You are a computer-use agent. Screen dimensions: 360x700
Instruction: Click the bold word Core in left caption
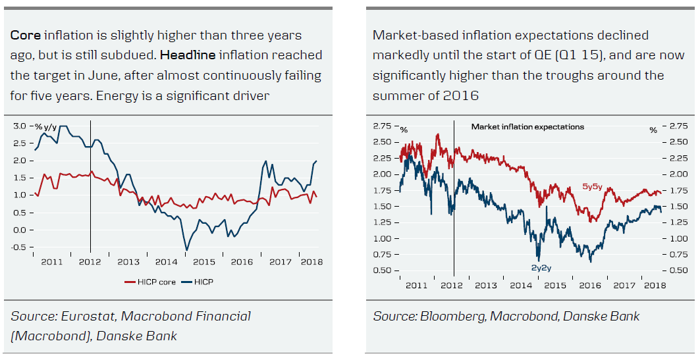(25, 36)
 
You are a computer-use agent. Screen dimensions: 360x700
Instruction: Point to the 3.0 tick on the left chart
(20, 125)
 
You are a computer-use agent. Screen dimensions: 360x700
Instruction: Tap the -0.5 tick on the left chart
(19, 247)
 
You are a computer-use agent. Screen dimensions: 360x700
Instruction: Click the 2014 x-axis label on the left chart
(166, 262)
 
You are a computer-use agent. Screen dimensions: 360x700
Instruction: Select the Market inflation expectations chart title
(527, 126)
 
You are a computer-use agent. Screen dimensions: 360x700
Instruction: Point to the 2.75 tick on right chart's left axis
(383, 126)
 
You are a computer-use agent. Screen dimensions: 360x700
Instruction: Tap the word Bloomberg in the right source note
(452, 317)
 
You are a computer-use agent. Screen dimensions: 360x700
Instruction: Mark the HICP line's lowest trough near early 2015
(187, 250)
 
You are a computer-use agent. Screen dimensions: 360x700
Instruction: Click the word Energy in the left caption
(117, 95)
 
